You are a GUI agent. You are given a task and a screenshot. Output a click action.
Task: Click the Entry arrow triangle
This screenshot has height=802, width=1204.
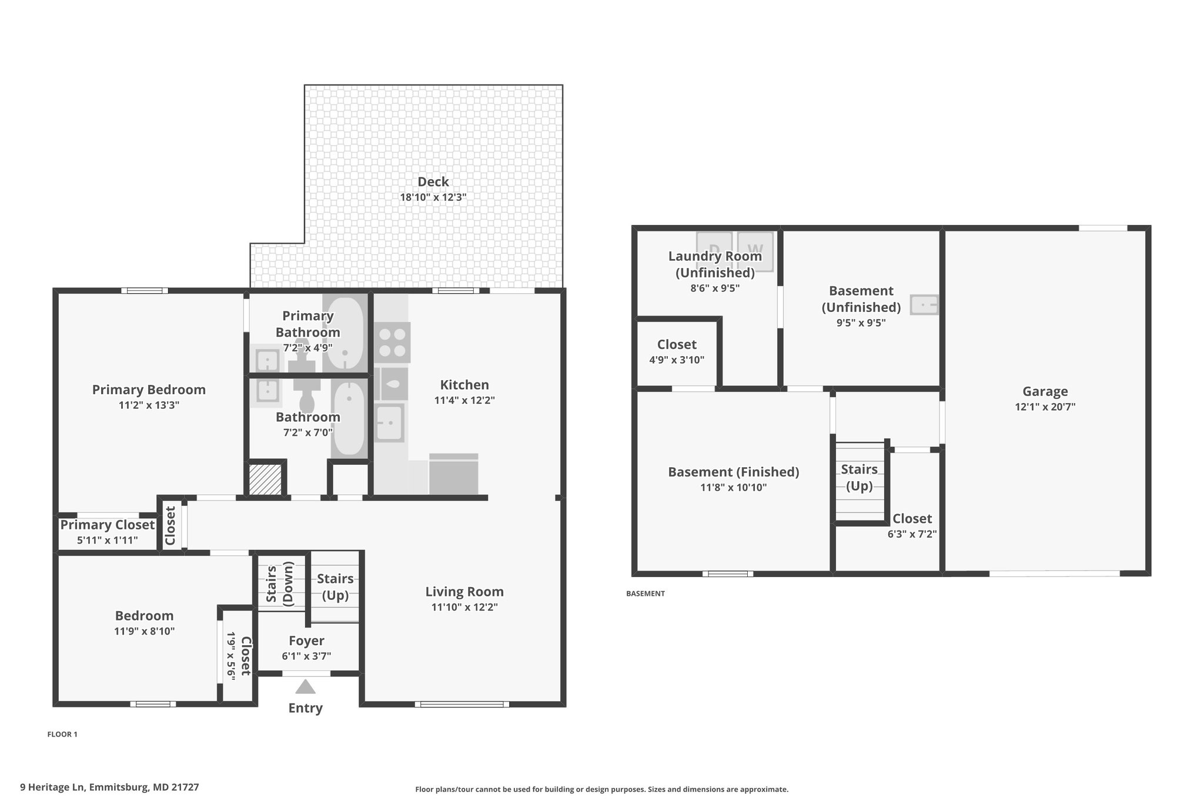(x=305, y=686)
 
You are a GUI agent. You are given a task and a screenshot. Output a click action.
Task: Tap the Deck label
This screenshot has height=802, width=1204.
(x=433, y=182)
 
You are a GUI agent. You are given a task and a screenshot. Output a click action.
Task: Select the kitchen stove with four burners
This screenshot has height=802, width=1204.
(x=392, y=343)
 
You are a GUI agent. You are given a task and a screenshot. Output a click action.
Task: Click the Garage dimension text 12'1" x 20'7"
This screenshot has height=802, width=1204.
(x=1045, y=407)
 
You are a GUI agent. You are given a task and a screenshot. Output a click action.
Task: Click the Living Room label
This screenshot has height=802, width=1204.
(x=464, y=592)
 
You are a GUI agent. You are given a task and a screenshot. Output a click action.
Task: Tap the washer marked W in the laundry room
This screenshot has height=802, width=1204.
(x=755, y=251)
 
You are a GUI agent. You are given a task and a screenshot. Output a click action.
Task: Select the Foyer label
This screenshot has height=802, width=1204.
(x=306, y=641)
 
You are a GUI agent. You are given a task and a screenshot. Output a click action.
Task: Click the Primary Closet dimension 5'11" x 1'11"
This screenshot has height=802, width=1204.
(x=107, y=540)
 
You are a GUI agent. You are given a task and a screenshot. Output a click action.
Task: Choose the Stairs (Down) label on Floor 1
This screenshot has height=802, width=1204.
(x=280, y=584)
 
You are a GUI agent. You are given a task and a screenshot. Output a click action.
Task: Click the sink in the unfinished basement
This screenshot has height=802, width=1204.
(x=924, y=305)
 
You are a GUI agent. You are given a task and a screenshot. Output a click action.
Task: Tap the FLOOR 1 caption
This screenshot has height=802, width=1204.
(x=62, y=734)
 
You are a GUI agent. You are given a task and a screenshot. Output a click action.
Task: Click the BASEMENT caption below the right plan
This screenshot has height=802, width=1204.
(x=646, y=593)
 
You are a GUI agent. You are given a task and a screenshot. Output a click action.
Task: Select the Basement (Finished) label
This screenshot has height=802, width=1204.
(x=734, y=472)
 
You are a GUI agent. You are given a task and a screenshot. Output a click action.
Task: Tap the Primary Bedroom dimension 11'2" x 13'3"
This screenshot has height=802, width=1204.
(x=149, y=405)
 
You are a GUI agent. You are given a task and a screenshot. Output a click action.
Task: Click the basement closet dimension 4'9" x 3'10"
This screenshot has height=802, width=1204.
(x=677, y=360)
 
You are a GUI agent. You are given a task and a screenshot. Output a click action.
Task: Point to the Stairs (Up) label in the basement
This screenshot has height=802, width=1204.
(x=859, y=478)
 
